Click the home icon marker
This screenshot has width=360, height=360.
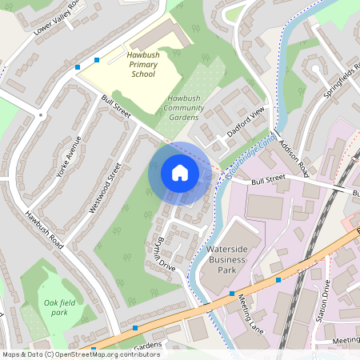tap(180, 173)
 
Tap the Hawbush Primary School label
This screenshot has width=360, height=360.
tap(144, 64)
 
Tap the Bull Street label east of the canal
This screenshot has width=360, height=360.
tap(267, 183)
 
